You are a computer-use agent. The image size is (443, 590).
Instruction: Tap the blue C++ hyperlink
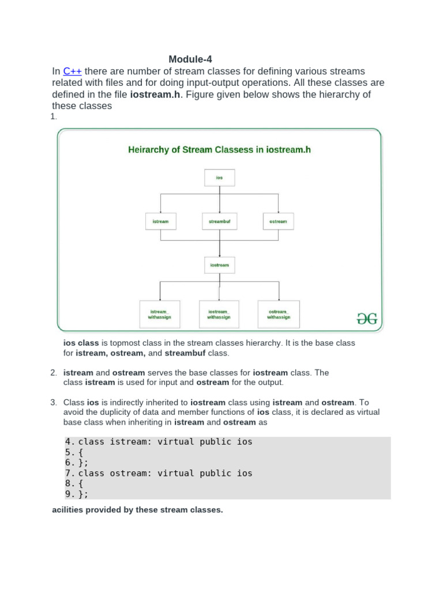[72, 71]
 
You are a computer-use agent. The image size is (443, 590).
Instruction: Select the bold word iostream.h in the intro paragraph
[154, 94]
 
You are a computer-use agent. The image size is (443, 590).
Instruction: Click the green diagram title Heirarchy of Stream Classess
[219, 150]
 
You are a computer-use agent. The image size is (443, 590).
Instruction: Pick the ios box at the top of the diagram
[219, 177]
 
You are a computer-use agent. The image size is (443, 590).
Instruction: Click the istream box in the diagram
[160, 221]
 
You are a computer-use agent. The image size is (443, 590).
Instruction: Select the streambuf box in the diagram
[219, 221]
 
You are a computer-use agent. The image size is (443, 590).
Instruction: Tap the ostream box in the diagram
[278, 221]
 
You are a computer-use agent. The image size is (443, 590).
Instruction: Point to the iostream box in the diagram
[219, 265]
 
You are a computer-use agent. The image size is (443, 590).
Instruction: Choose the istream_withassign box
[160, 314]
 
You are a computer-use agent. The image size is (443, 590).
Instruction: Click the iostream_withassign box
[219, 314]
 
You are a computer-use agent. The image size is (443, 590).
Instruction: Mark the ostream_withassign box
[279, 314]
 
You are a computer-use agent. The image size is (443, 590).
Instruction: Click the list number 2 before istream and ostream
[54, 373]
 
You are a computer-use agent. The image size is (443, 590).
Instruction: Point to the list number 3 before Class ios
[54, 402]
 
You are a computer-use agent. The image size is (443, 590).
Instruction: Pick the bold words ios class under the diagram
[81, 343]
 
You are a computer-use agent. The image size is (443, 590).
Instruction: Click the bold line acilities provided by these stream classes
[137, 510]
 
